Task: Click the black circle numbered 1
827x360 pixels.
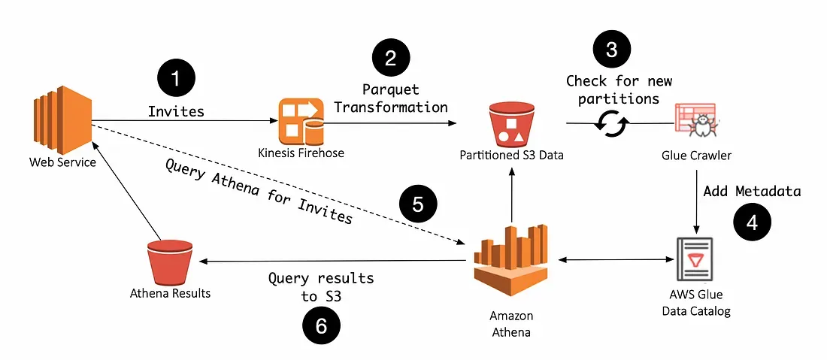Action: pos(175,78)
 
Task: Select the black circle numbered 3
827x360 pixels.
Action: pos(612,50)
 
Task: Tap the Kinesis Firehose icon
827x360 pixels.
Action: pos(301,120)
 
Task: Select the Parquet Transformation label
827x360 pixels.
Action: pos(391,98)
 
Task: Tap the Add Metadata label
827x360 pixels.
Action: pos(752,191)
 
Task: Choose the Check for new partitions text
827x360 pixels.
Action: pos(619,89)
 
